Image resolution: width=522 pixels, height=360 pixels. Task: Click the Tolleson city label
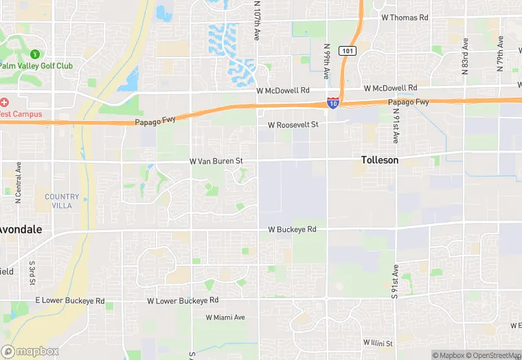coord(379,160)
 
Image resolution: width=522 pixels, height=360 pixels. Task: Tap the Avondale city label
coord(21,229)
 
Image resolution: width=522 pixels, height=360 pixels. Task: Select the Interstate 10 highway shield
coord(332,103)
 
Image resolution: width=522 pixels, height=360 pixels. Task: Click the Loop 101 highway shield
coord(348,51)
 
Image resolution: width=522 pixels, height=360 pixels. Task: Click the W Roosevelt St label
coord(293,125)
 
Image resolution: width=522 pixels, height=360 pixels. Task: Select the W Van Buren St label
coord(216,161)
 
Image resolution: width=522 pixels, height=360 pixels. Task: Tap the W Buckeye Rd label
coord(292,229)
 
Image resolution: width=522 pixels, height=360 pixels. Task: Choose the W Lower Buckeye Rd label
coord(183,301)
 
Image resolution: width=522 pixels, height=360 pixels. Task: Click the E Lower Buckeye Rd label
coord(70,302)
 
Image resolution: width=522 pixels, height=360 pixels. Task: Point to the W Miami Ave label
coord(225,317)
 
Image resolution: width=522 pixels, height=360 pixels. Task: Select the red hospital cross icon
coord(4,102)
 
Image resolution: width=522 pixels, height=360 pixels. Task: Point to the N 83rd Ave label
coord(465,56)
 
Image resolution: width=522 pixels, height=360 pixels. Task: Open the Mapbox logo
coord(30,351)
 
